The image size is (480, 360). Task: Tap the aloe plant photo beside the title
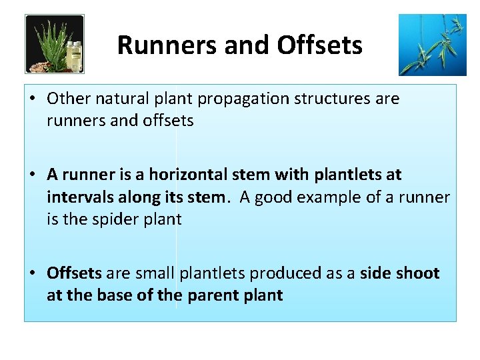[x=55, y=44]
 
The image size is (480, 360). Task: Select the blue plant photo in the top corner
[x=432, y=45]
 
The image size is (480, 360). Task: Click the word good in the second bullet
[x=277, y=197]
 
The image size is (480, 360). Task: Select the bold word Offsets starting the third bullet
[x=74, y=273]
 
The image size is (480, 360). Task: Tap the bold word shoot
[x=417, y=273]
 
